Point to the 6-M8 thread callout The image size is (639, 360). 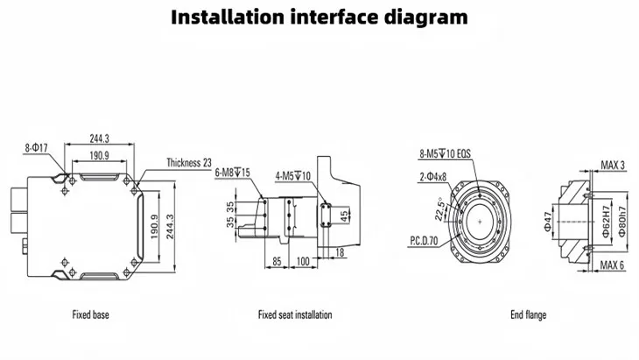coord(232,173)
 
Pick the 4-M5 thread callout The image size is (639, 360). coord(293,174)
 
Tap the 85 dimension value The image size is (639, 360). coord(276,261)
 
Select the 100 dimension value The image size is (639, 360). coord(305,261)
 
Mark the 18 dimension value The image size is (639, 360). coord(339,251)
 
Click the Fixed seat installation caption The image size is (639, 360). coord(295,314)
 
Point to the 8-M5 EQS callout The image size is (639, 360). coord(445,153)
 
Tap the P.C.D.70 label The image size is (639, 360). coord(425,238)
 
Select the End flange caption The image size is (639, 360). coord(529,314)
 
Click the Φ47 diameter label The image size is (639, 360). coord(546,222)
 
